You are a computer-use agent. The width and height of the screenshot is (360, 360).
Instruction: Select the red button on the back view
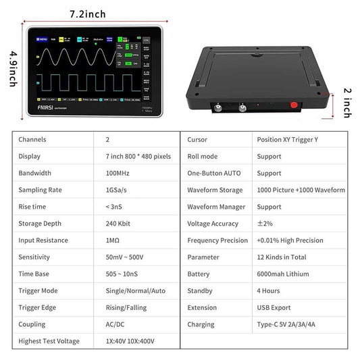tap(293, 106)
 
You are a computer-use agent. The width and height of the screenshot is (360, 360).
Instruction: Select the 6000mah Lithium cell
tap(282, 274)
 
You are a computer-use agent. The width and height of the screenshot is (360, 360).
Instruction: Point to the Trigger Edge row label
tap(38, 307)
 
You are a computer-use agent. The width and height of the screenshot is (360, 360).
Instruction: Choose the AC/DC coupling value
tap(115, 324)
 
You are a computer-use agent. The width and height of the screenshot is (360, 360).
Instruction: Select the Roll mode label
tap(202, 156)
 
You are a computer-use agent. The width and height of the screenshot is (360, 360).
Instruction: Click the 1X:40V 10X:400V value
tap(135, 341)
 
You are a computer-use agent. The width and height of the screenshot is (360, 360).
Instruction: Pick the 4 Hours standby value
tap(269, 291)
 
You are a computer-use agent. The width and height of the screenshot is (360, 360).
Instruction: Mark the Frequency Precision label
tap(217, 240)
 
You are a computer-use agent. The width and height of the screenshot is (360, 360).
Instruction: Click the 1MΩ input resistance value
tap(113, 240)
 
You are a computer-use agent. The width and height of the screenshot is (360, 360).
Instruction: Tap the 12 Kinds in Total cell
tap(281, 257)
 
